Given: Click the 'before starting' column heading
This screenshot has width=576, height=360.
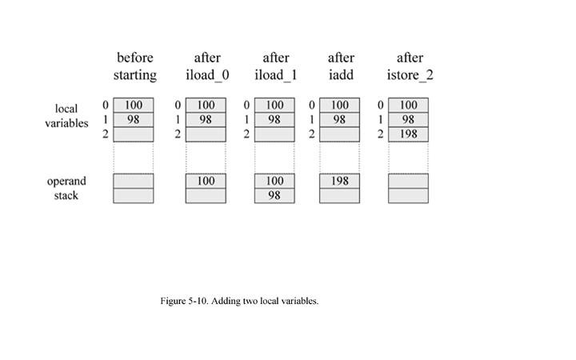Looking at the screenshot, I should point(134,66).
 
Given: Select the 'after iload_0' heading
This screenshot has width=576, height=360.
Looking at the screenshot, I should point(206,66).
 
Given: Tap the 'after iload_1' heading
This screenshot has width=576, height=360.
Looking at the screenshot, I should point(275,66).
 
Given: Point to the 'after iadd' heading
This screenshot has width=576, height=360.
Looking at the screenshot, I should point(341,66).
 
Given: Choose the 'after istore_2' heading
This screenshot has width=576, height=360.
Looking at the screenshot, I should point(410,66).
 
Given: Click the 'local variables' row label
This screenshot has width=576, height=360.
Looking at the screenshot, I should point(66,116).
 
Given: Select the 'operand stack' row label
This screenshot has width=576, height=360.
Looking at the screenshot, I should point(66,188).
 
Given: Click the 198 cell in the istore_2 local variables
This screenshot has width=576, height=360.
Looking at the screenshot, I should point(409,134).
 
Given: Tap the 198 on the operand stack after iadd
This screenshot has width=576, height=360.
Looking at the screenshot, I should point(340,181).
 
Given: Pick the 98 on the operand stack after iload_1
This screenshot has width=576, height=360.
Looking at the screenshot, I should point(274,195).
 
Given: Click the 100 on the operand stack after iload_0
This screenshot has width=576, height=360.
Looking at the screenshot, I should point(206,181).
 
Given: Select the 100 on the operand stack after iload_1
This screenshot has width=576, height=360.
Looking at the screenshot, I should point(274,181).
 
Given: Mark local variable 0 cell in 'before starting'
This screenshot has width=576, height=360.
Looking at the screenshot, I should point(133,105).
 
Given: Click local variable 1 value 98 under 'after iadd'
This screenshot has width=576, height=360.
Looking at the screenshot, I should point(340,119).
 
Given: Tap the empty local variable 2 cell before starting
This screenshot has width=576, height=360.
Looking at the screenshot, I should point(133,134).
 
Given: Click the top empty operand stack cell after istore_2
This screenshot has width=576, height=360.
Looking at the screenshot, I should point(409,181).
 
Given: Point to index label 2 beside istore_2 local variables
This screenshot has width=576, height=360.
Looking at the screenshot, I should point(381,134).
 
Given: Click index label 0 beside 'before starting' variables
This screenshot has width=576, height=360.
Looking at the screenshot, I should point(105,105).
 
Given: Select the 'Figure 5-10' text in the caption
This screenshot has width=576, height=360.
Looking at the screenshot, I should point(185,302).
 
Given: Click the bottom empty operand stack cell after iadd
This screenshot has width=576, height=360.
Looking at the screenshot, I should point(340,195).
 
